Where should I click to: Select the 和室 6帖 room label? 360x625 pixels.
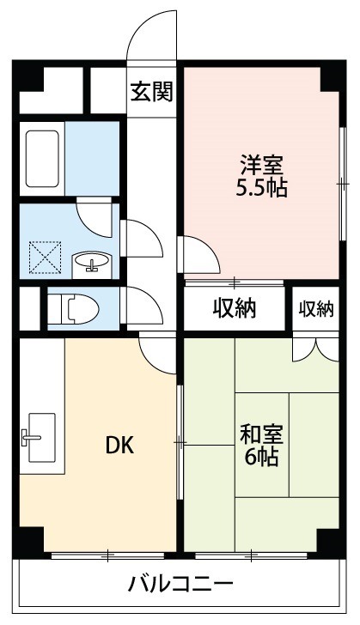tap(262, 445)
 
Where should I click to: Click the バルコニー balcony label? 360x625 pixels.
tap(180, 587)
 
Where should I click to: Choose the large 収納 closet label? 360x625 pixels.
tap(235, 308)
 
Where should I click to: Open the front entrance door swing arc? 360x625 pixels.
tap(153, 34)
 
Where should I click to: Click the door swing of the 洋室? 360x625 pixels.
tap(198, 254)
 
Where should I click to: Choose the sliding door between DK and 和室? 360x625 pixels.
tap(180, 441)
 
